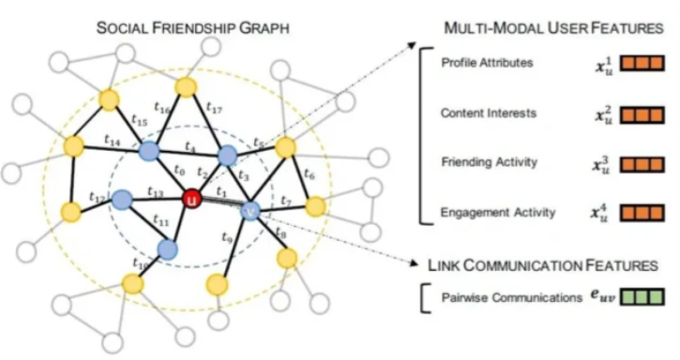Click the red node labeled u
tap(191, 200)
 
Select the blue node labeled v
tap(250, 211)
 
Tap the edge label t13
tap(156, 191)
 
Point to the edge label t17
tap(214, 107)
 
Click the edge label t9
tap(227, 237)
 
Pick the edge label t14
tap(113, 140)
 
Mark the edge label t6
tap(309, 174)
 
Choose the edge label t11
tap(160, 221)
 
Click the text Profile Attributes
tap(487, 63)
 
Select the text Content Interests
tap(489, 112)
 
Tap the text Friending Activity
tap(490, 162)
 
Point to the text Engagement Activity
tap(498, 212)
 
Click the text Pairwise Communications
tap(512, 297)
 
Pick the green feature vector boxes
tap(642, 297)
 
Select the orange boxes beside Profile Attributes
tap(642, 64)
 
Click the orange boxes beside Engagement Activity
tap(642, 213)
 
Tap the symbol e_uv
tap(602, 296)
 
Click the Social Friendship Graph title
tap(192, 28)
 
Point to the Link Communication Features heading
tap(543, 265)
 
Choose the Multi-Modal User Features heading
tap(553, 28)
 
